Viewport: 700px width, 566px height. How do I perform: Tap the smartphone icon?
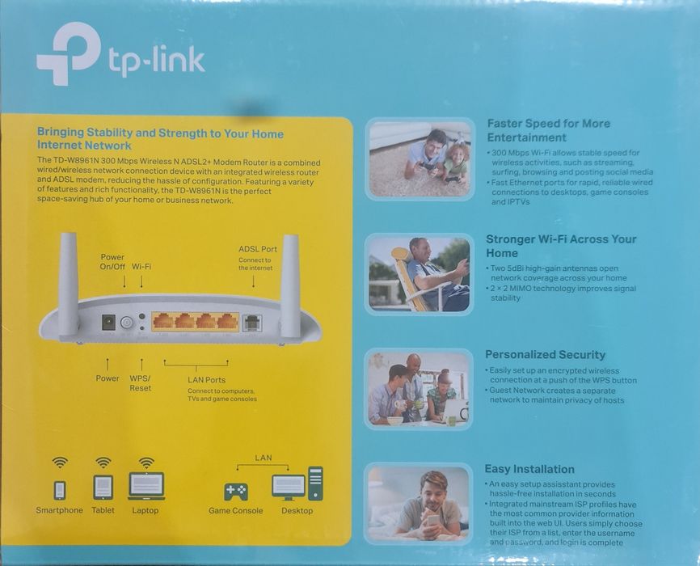59,490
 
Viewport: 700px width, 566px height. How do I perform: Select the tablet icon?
103,487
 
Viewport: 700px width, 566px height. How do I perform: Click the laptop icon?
146,487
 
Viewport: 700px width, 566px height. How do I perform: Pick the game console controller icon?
236,491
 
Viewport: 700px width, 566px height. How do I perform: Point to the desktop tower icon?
315,484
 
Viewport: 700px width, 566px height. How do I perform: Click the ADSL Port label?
258,249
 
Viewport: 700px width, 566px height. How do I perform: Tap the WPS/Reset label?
140,383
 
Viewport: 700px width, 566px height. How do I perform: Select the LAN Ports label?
206,379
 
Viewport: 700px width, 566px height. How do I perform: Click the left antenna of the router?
68,283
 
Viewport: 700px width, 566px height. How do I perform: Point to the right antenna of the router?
290,283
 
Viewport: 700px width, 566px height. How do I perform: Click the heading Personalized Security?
545,354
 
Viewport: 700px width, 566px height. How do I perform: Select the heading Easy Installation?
529,469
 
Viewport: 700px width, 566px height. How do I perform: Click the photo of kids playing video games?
420,159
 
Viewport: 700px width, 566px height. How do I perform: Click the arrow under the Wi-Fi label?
141,281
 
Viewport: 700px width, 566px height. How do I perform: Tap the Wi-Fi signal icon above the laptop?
146,463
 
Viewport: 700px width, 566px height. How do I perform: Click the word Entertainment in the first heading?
526,137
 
